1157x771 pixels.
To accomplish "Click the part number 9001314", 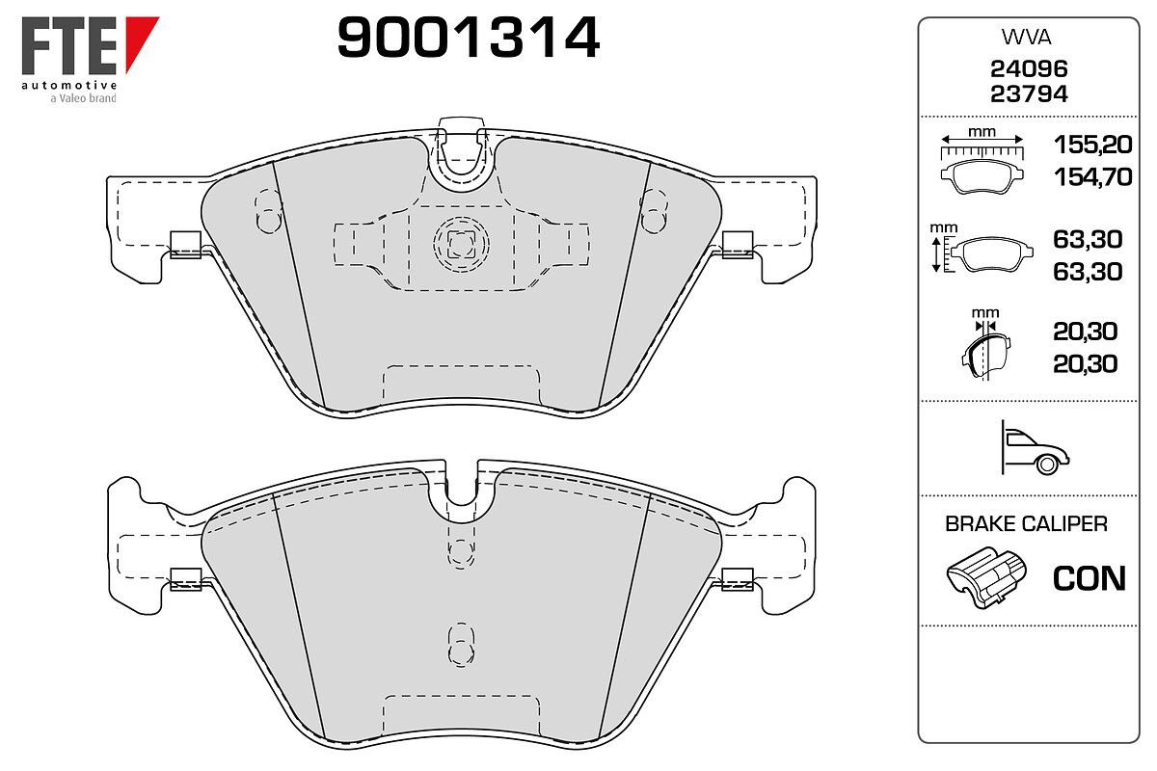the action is coord(469,37).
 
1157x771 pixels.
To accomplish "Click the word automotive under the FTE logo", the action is coord(69,85).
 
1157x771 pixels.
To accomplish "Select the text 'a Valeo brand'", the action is coord(83,98).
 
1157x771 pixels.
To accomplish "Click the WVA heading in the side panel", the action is coord(1026,38).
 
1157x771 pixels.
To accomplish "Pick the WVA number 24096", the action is coord(1029,68).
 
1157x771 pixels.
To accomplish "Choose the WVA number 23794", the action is coord(1029,94).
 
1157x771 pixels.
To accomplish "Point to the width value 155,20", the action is coord(1093,145).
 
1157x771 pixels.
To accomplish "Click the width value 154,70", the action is coord(1093,177).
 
